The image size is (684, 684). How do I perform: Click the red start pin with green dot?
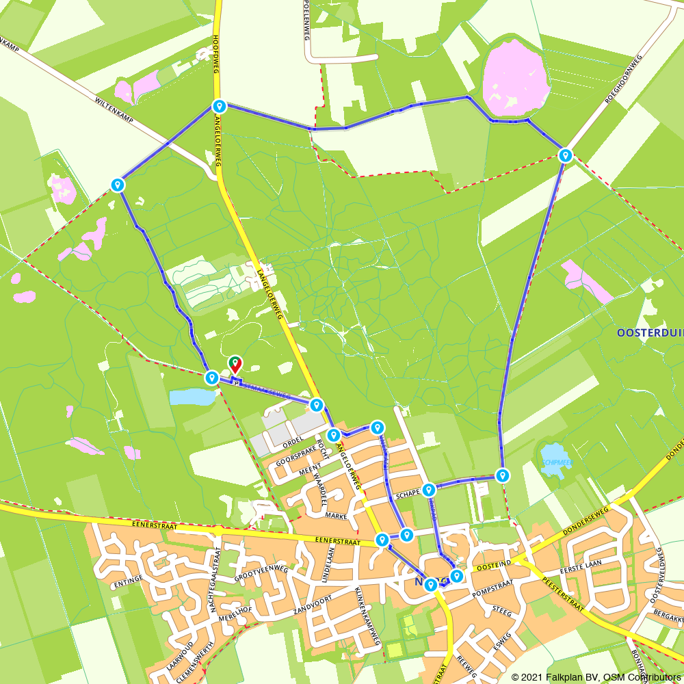coord(235,363)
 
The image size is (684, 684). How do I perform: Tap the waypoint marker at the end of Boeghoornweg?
coord(565,155)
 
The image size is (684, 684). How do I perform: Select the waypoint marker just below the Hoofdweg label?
coord(219,106)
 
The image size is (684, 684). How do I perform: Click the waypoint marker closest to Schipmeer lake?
coord(503,475)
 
